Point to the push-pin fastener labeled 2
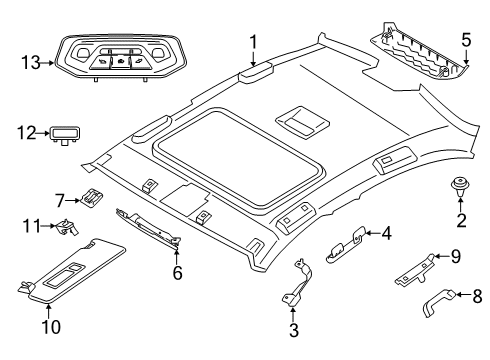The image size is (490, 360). coord(461,185)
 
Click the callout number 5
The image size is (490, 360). coord(464,41)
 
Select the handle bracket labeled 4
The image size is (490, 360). coord(345,239)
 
